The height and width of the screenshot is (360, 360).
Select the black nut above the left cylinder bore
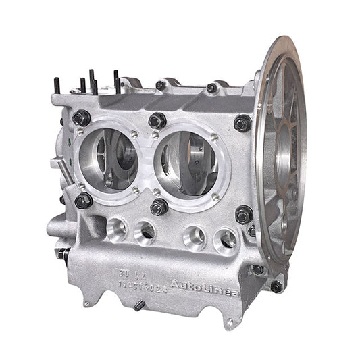82,118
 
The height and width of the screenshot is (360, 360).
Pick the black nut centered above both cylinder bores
157,121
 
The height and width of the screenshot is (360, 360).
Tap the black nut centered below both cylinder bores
159,207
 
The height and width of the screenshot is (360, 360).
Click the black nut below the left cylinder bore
84,200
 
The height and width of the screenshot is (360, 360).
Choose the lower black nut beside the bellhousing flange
244,214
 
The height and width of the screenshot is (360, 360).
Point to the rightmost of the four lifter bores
225,240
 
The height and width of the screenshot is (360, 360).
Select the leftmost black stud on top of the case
57,86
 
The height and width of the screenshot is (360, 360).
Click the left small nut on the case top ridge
161,86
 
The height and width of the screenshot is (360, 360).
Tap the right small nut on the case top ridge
211,88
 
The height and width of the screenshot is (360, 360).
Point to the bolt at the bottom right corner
276,286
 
